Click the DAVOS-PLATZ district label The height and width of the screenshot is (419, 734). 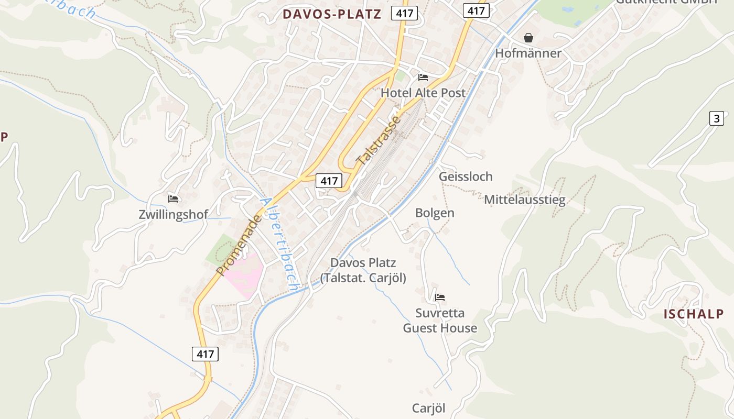click(332, 14)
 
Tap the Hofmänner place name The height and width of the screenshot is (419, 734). click(528, 53)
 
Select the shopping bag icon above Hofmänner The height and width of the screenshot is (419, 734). click(528, 38)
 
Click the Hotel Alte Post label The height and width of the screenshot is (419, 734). click(423, 93)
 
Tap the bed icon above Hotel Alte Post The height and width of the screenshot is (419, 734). click(423, 78)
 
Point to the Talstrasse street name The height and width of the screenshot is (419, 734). click(379, 140)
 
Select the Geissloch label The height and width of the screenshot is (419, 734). click(466, 177)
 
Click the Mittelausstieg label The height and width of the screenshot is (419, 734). click(524, 200)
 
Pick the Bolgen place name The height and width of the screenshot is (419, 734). click(435, 213)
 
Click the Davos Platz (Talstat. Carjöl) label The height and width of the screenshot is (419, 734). click(363, 270)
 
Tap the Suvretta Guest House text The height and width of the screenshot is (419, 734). click(440, 321)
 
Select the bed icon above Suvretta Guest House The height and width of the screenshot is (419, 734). click(440, 297)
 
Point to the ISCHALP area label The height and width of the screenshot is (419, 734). click(693, 314)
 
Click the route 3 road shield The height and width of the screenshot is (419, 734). click(716, 118)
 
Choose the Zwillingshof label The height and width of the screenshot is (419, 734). click(173, 214)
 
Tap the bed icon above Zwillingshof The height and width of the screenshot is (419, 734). click(173, 199)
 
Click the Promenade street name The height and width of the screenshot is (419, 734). click(239, 245)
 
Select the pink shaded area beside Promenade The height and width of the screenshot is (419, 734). click(244, 272)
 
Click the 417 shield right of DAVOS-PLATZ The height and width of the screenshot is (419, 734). click(404, 14)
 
